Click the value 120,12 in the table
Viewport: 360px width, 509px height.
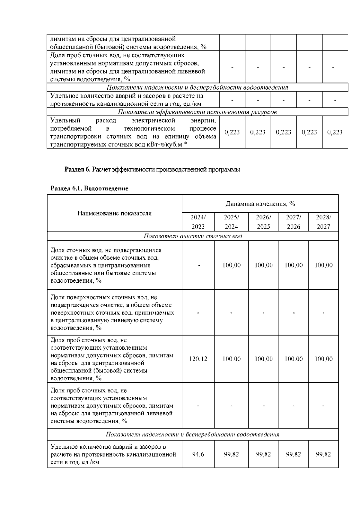(x=198, y=359)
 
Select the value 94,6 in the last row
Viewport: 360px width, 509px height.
(x=198, y=454)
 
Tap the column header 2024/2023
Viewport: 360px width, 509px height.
(x=198, y=222)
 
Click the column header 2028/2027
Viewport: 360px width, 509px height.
(x=323, y=222)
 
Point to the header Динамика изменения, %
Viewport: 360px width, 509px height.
(x=260, y=204)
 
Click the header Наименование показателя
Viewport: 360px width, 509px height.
(x=114, y=213)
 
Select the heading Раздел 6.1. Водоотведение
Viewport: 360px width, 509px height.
(x=89, y=188)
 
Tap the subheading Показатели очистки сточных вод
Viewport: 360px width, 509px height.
(x=193, y=236)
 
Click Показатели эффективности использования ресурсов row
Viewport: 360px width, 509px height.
(x=197, y=112)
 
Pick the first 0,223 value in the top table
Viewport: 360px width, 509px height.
(x=232, y=132)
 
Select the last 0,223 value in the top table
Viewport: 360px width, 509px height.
(x=335, y=132)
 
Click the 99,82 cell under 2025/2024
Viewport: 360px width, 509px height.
(x=231, y=454)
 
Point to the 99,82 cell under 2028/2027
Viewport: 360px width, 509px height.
(x=323, y=454)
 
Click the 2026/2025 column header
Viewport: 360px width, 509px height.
(x=263, y=222)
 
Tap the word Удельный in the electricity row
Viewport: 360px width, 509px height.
(x=65, y=121)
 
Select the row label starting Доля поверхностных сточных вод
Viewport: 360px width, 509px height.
(x=112, y=312)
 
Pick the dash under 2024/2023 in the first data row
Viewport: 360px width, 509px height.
(x=198, y=265)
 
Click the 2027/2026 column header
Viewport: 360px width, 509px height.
(x=293, y=222)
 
